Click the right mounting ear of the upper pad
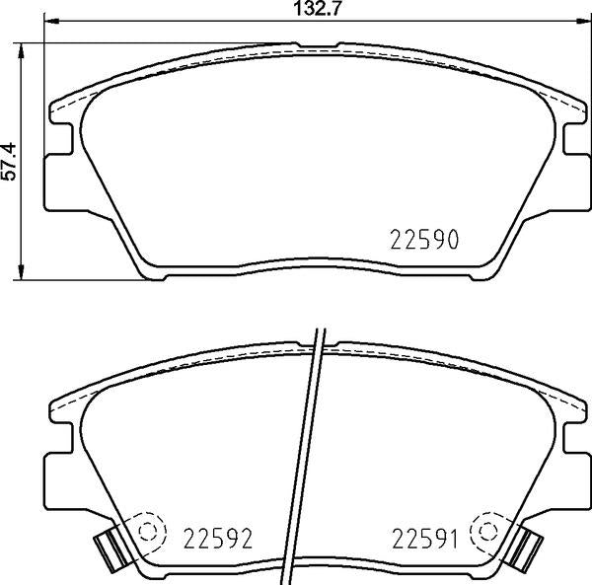[x=572, y=168]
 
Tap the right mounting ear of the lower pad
[x=572, y=472]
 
